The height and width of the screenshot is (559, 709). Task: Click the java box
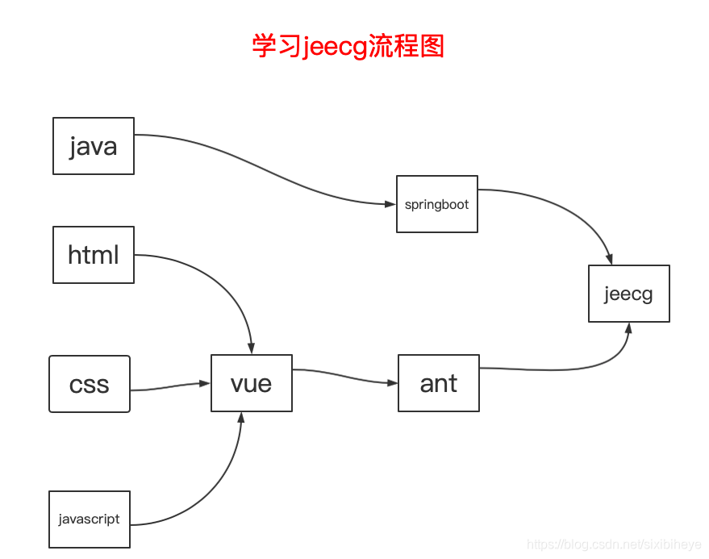94,146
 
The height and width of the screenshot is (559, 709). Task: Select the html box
94,255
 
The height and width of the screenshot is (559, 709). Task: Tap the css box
90,384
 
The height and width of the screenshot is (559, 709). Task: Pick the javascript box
90,519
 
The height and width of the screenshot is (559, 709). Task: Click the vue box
252,383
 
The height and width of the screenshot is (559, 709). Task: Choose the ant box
439,383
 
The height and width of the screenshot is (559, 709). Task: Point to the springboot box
437,204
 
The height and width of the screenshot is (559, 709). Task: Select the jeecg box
629,294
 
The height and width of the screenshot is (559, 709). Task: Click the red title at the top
348,46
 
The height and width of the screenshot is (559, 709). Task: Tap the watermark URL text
613,545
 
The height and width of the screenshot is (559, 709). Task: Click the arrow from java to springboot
266,166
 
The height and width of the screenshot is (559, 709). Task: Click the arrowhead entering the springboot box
390,205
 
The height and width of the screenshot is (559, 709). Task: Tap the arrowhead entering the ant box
392,382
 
